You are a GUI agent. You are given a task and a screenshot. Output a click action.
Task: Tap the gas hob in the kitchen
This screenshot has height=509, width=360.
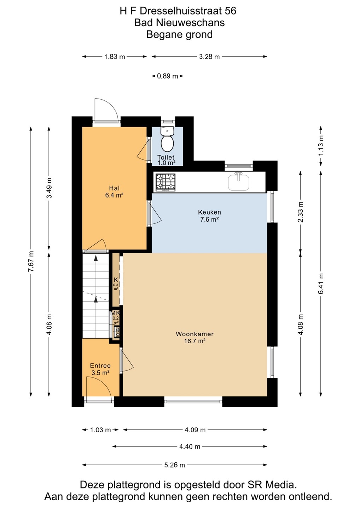[166, 182]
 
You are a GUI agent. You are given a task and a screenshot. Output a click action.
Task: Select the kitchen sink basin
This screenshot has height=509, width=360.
[238, 182]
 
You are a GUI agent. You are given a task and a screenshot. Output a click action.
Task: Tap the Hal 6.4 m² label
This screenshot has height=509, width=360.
[114, 192]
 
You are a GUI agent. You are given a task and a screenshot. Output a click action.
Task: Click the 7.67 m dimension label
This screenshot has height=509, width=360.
[31, 261]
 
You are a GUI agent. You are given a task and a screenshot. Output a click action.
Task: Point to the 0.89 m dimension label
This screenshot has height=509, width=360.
[167, 76]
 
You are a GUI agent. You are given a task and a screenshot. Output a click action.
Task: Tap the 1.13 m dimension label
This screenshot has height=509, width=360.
[321, 145]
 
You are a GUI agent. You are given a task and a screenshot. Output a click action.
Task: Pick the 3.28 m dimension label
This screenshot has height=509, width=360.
[209, 57]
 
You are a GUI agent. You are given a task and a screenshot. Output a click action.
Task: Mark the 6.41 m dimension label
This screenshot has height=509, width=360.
[321, 284]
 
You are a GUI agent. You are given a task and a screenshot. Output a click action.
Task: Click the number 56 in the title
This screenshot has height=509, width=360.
[230, 11]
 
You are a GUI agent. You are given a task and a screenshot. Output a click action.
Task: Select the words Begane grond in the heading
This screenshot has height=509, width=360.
[180, 35]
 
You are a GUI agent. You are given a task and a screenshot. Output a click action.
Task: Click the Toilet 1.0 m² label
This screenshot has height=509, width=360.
[166, 160]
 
